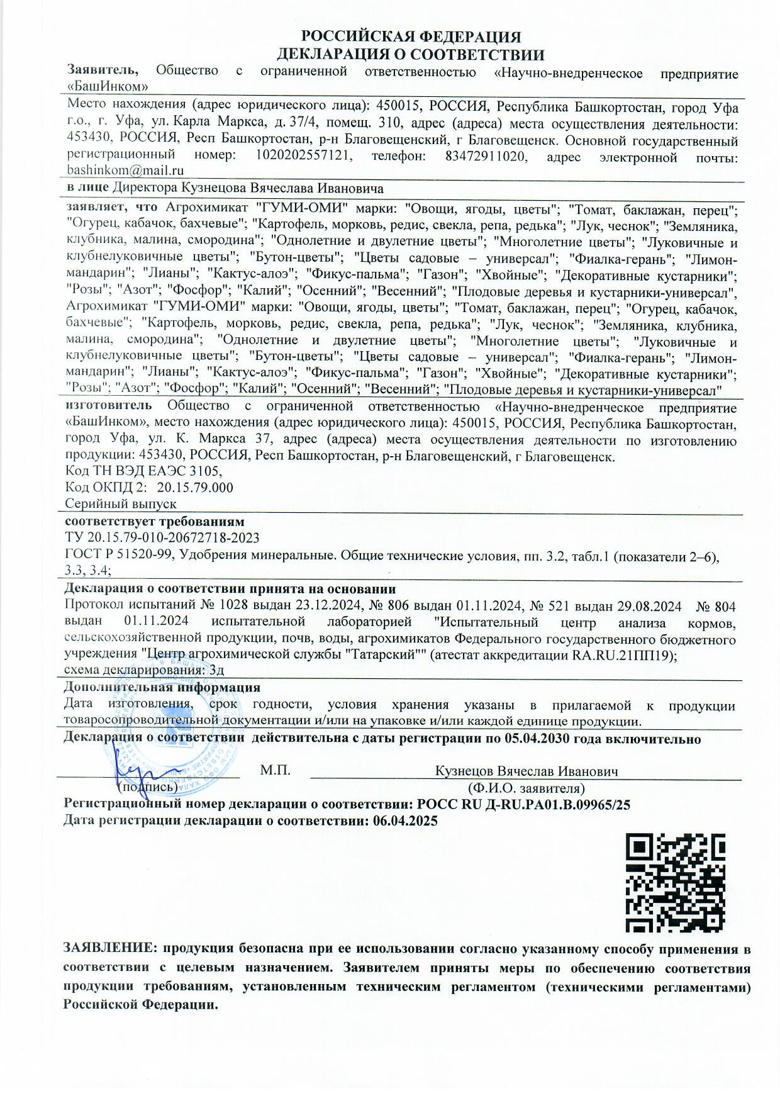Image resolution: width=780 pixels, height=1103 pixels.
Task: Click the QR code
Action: click(675, 883)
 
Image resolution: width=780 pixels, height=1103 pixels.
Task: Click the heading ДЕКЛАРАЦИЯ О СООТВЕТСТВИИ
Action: click(411, 55)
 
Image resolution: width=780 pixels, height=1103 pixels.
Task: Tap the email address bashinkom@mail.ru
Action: click(125, 171)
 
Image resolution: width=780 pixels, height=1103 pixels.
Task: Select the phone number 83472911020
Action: click(485, 156)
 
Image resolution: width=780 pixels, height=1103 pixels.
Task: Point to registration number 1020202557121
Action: click(303, 156)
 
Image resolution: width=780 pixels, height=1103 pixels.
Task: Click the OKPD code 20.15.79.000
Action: click(195, 488)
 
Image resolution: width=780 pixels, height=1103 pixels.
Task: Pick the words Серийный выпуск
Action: click(121, 504)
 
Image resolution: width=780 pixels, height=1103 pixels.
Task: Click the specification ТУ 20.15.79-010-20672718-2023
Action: click(162, 538)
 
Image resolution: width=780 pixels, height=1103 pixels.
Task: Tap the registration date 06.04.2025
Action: click(405, 820)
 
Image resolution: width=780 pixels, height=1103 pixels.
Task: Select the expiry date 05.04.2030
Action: click(537, 739)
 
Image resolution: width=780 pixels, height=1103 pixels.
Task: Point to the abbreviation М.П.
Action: click(275, 771)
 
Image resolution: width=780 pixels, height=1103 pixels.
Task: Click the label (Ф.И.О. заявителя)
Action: click(526, 788)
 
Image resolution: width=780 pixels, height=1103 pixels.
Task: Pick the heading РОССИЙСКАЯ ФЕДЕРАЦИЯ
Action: click(411, 37)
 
